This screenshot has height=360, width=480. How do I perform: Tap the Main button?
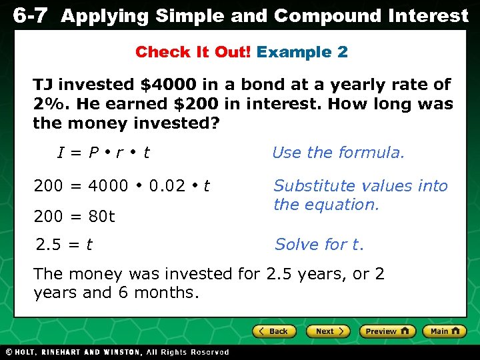pyautogui.click(x=444, y=331)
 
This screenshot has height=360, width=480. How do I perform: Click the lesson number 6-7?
pyautogui.click(x=30, y=16)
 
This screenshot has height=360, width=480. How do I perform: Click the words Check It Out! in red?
pyautogui.click(x=193, y=52)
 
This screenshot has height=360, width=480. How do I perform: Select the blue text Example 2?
pyautogui.click(x=302, y=52)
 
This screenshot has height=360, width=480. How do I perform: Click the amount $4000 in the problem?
pyautogui.click(x=168, y=85)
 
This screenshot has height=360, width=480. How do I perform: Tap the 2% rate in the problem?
pyautogui.click(x=47, y=104)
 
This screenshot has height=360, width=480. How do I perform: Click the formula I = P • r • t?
pyautogui.click(x=103, y=153)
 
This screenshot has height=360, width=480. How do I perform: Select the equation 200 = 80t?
pyautogui.click(x=74, y=217)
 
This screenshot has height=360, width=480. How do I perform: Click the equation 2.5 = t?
pyautogui.click(x=64, y=245)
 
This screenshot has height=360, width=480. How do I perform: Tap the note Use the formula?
pyautogui.click(x=338, y=153)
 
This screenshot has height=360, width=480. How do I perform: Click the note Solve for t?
pyautogui.click(x=319, y=245)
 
